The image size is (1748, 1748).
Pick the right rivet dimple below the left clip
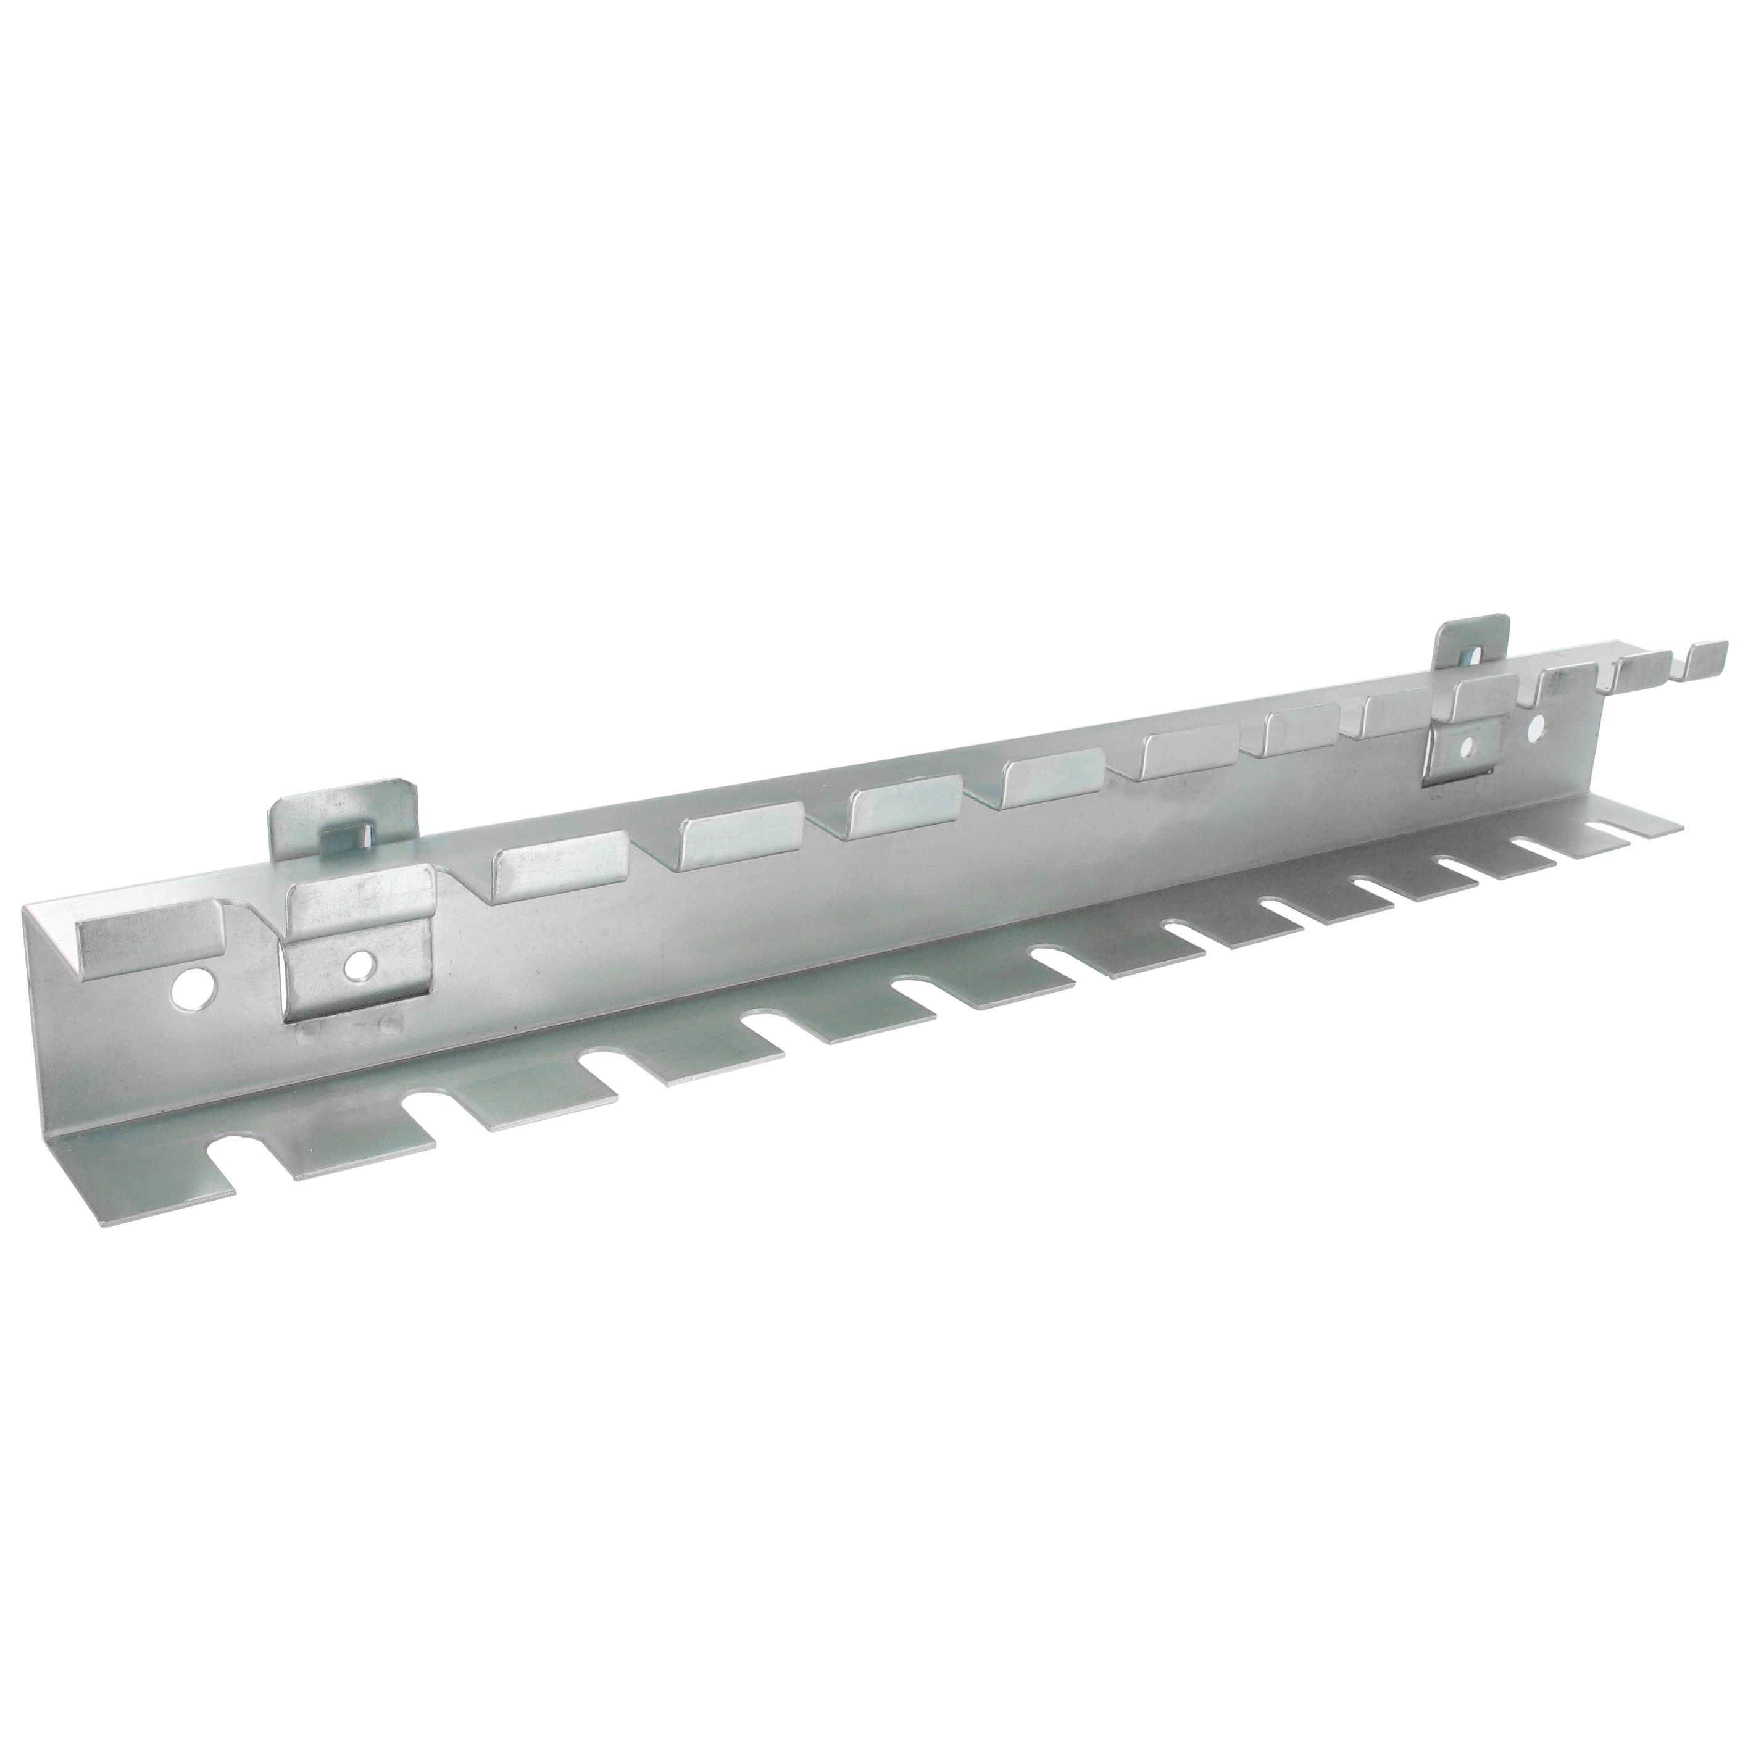click(x=391, y=1022)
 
